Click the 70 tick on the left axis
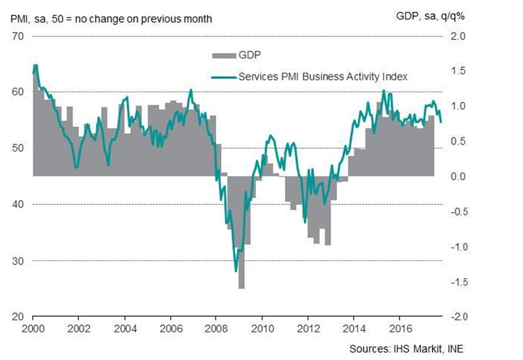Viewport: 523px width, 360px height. click(17, 35)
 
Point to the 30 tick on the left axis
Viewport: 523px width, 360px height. click(17, 260)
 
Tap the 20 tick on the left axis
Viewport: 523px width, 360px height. click(17, 317)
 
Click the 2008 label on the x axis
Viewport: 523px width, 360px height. click(215, 328)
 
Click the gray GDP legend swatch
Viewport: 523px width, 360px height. click(224, 54)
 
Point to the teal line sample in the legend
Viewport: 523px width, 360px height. click(224, 77)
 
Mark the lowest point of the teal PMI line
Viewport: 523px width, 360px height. click(236, 271)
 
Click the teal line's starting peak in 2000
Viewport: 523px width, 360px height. click(36, 65)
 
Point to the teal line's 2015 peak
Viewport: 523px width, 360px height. click(384, 91)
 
